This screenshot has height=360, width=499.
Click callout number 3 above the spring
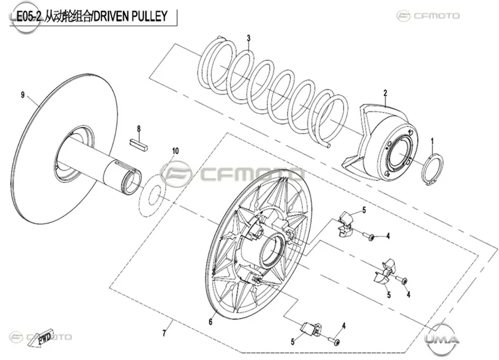tap(248, 38)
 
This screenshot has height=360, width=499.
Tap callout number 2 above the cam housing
tap(385, 93)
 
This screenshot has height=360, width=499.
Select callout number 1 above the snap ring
tap(432, 142)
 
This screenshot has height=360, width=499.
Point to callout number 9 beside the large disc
tap(23, 95)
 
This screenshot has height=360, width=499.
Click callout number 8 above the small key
tap(139, 129)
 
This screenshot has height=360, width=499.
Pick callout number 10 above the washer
tap(175, 151)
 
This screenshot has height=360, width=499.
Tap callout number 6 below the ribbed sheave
tap(210, 322)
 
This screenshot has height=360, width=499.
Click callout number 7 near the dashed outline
tap(164, 333)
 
